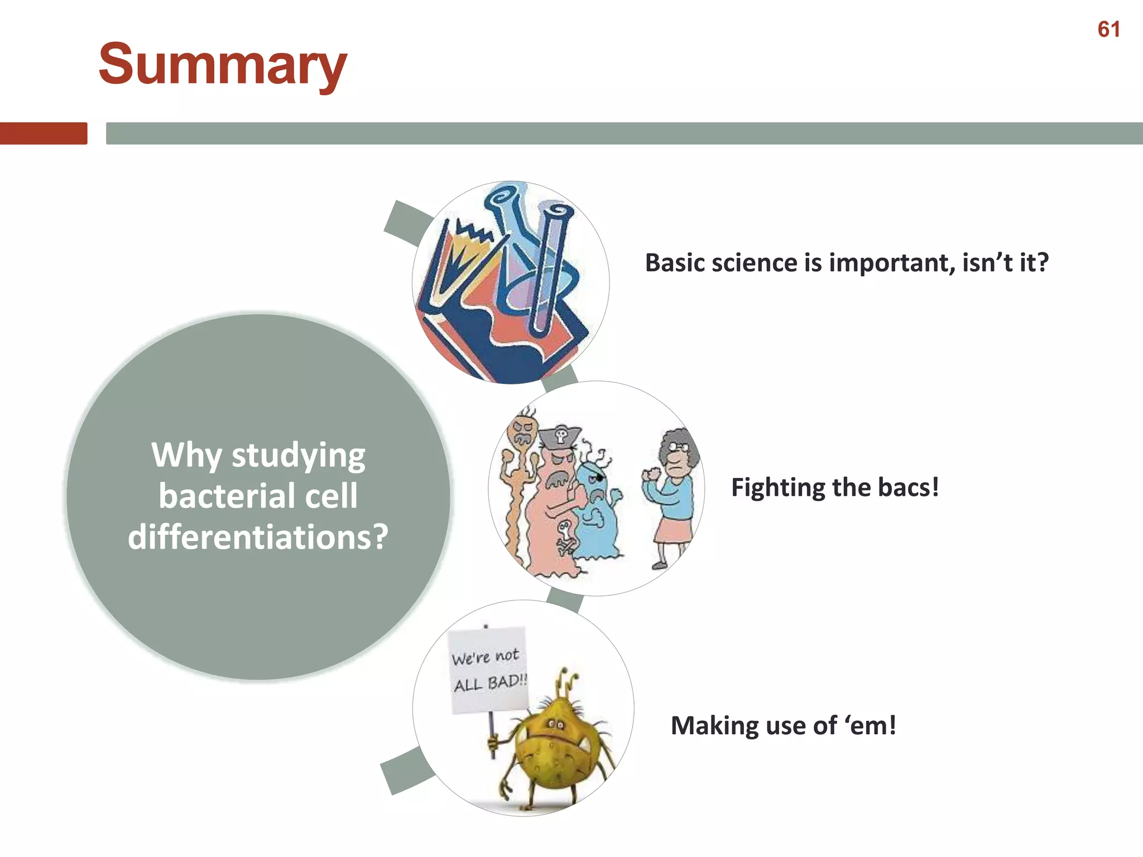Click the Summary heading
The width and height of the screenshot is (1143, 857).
[x=223, y=65]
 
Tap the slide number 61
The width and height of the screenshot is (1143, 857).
[x=1108, y=30]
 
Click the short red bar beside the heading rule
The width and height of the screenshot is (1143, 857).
[x=44, y=133]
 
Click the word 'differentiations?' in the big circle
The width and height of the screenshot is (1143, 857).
[x=258, y=537]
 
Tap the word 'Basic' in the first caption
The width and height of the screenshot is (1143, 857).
[x=674, y=263]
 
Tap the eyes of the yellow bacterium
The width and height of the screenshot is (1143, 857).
[x=555, y=725]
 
